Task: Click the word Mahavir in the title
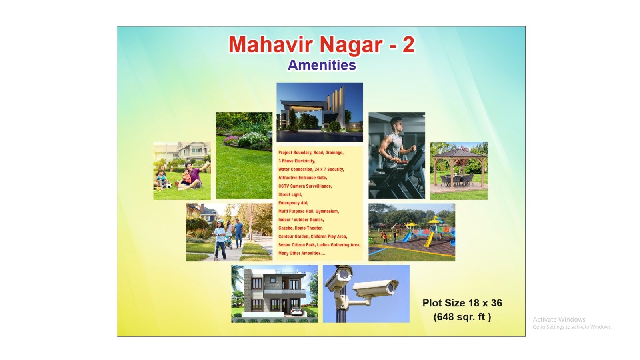point(272,44)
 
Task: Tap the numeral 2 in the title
point(408,44)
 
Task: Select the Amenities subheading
point(322,65)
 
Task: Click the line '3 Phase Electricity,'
point(296,161)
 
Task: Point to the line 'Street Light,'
point(290,194)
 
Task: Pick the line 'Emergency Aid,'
point(293,203)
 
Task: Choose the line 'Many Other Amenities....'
point(302,253)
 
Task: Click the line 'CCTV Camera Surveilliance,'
point(305,186)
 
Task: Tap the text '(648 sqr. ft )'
point(462,317)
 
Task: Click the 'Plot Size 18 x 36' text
point(462,303)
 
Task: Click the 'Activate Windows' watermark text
point(559,320)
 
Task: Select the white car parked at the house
point(296,312)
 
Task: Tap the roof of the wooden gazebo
point(458,153)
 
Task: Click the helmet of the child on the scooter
point(220,222)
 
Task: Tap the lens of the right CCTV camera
point(391,289)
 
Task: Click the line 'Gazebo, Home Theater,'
point(300,228)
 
